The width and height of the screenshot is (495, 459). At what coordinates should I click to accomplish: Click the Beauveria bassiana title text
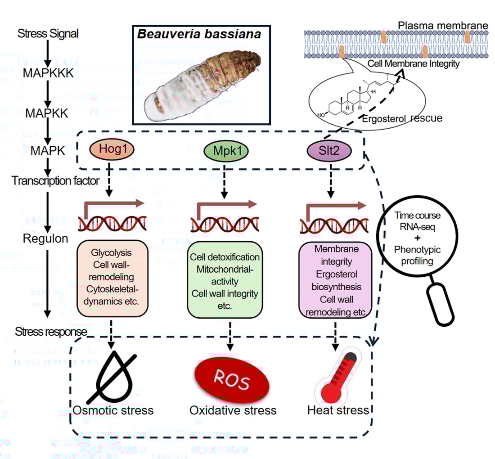[199, 35]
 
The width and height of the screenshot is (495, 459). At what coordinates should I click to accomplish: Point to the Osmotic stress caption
[113, 410]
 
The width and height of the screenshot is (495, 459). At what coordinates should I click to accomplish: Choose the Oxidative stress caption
[233, 410]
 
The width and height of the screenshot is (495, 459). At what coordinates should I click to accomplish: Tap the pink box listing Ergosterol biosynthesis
[335, 280]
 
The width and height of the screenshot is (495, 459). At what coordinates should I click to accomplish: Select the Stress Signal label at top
[48, 33]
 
